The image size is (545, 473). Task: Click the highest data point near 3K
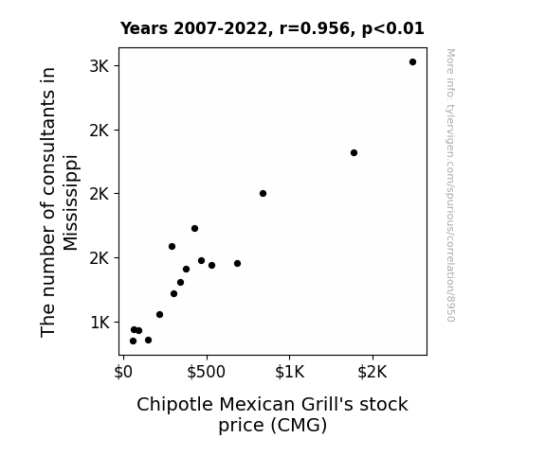pyautogui.click(x=412, y=62)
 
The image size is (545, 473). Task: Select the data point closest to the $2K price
pyautogui.click(x=354, y=152)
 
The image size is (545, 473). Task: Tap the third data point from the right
pyautogui.click(x=263, y=193)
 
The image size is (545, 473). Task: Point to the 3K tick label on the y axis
pyautogui.click(x=100, y=66)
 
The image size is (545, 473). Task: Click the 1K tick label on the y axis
pyautogui.click(x=100, y=323)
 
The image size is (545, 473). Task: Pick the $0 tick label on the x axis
pyautogui.click(x=123, y=372)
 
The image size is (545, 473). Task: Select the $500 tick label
pyautogui.click(x=206, y=372)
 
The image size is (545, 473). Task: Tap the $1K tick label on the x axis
pyautogui.click(x=289, y=372)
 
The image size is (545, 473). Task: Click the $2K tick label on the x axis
pyautogui.click(x=372, y=372)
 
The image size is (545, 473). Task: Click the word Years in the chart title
pyautogui.click(x=144, y=28)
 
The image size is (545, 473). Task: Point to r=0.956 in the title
pyautogui.click(x=315, y=28)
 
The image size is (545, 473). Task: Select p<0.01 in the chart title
pyautogui.click(x=393, y=28)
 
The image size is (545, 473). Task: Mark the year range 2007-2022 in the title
pyautogui.click(x=220, y=28)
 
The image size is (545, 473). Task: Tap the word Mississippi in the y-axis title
pyautogui.click(x=70, y=202)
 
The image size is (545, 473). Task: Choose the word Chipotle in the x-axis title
pyautogui.click(x=174, y=405)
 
